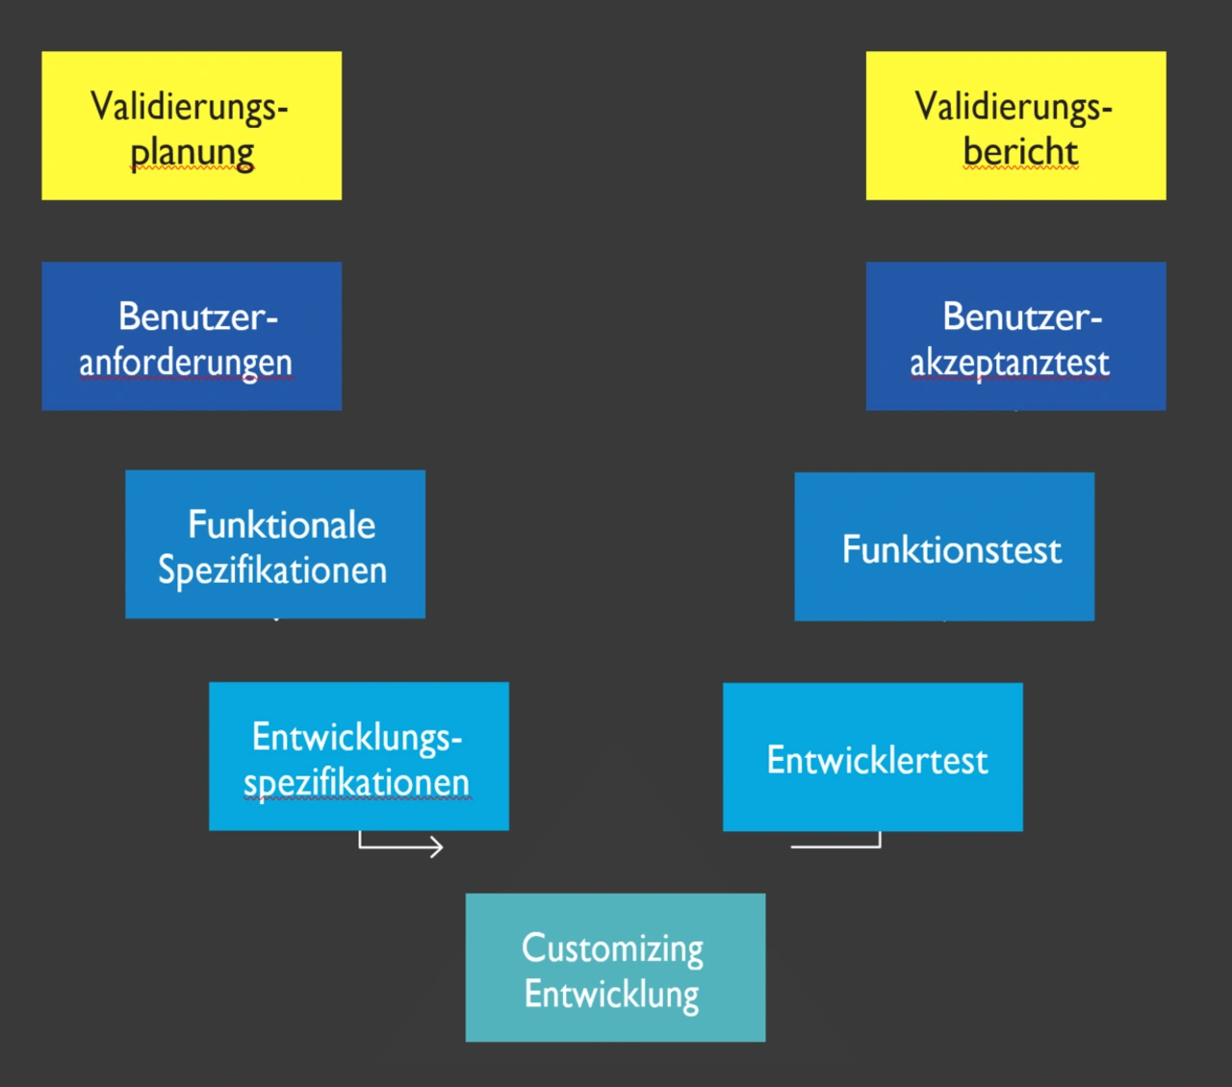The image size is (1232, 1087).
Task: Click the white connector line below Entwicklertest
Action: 835,847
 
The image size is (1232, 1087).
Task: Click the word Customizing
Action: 612,948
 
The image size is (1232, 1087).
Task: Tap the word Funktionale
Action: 281,525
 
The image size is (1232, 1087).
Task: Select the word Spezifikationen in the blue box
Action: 272,570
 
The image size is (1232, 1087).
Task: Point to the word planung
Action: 192,152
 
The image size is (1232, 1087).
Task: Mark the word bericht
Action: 1020,152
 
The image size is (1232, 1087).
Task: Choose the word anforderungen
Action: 186,363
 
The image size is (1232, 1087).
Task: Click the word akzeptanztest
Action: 1010,363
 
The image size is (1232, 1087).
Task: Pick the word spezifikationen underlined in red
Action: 356,783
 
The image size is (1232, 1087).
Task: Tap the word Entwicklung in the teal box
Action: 612,995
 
